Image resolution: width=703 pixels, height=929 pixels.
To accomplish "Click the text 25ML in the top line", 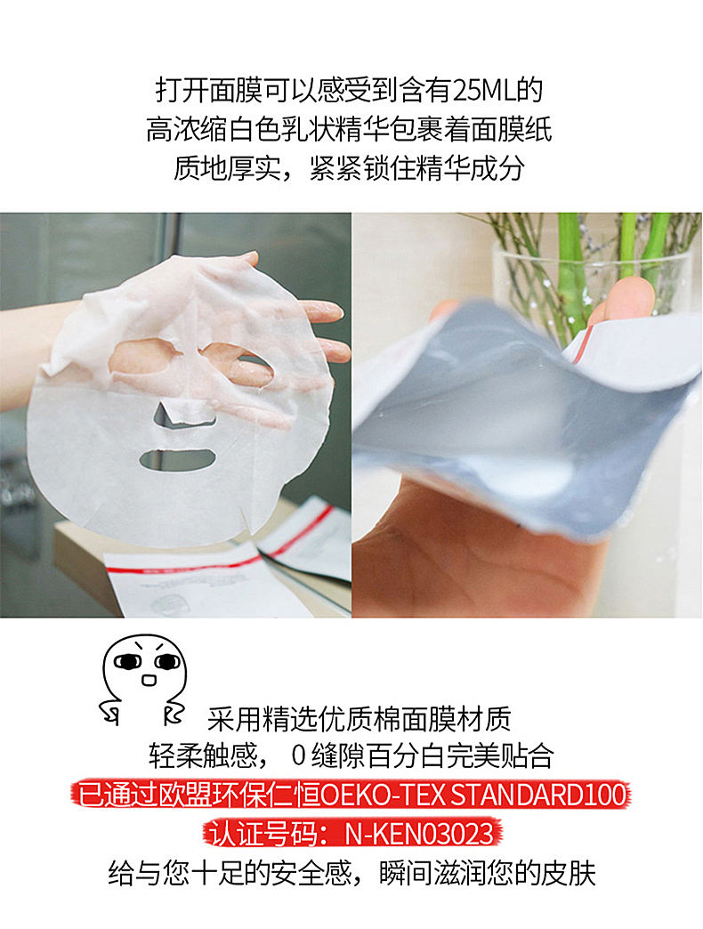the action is coord(484,91).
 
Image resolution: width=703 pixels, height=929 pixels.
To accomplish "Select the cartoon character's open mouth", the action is coord(148,680).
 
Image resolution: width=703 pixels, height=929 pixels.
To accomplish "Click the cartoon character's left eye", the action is coord(127,661).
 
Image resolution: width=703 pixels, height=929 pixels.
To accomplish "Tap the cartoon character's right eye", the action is coord(167,661).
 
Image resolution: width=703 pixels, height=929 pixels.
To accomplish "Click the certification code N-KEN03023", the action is coord(419,834).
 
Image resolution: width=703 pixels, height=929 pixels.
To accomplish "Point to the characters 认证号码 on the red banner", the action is coord(263,834).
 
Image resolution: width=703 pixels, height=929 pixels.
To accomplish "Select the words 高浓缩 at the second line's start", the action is coord(187,130).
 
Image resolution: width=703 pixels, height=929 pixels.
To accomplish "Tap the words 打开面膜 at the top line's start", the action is coord(208,91).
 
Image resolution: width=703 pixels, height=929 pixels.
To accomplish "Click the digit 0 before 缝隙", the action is coord(298,756).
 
